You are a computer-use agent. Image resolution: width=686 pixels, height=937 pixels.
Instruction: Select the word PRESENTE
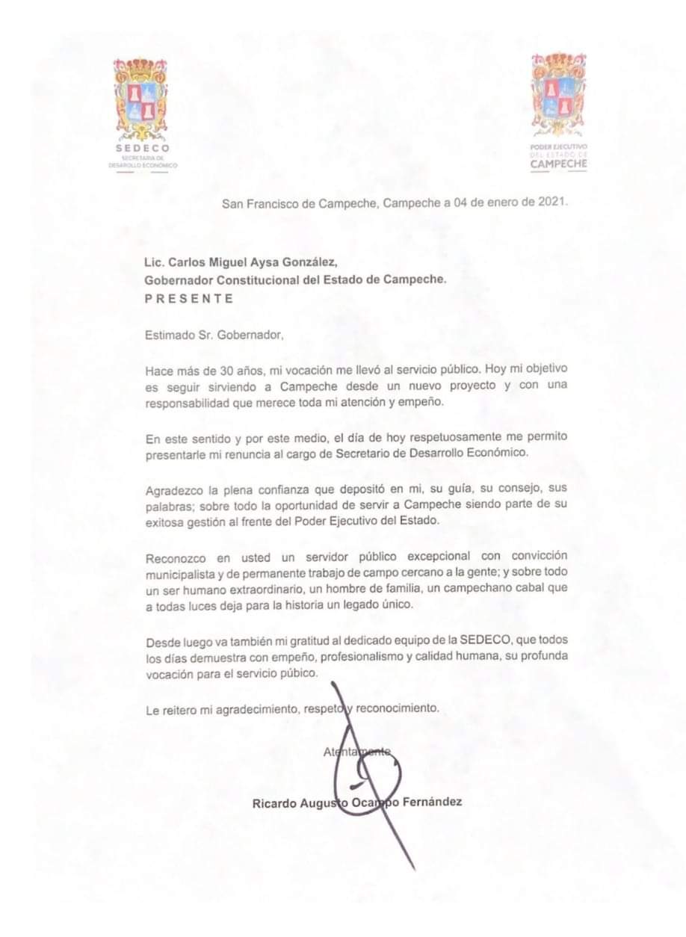click(x=189, y=298)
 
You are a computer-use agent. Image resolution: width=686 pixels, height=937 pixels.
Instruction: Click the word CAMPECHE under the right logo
click(x=558, y=163)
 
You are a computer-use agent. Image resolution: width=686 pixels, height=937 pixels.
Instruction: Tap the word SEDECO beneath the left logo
click(x=143, y=148)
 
